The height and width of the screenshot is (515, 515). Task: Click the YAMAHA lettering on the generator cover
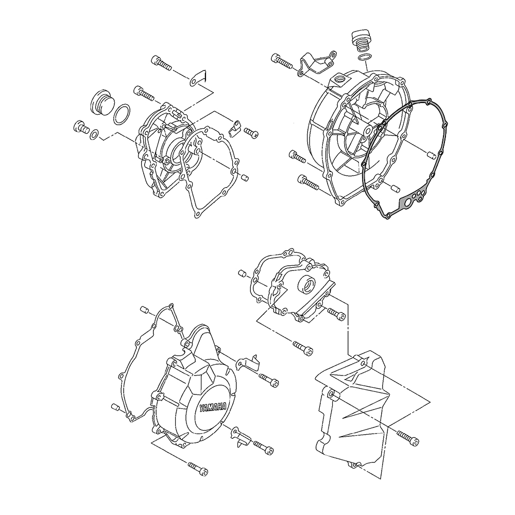pyautogui.click(x=213, y=409)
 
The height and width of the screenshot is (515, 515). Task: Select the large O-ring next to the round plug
pyautogui.click(x=122, y=115)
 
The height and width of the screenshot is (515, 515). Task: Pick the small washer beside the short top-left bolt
pyautogui.click(x=94, y=134)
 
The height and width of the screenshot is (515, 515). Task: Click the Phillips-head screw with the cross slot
pyautogui.click(x=251, y=133)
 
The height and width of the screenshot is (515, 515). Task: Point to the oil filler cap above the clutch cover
pyautogui.click(x=362, y=41)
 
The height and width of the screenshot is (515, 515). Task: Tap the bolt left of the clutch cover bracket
pyautogui.click(x=282, y=61)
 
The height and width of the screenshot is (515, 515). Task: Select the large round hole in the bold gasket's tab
pyautogui.click(x=407, y=204)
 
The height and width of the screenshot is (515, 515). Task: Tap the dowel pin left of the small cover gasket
pyautogui.click(x=243, y=273)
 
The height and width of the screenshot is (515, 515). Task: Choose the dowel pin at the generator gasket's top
pyautogui.click(x=145, y=309)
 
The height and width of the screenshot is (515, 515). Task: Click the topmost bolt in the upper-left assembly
pyautogui.click(x=161, y=63)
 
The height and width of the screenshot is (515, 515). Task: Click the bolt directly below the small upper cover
pyautogui.click(x=302, y=348)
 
